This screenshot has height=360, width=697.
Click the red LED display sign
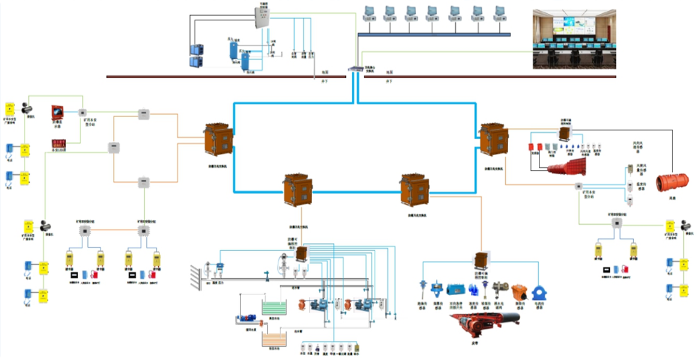tap(59, 144)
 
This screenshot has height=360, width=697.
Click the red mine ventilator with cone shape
tap(567, 165)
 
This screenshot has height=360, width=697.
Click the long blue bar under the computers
tap(434, 35)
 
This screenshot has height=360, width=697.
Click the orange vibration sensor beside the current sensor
tap(519, 293)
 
